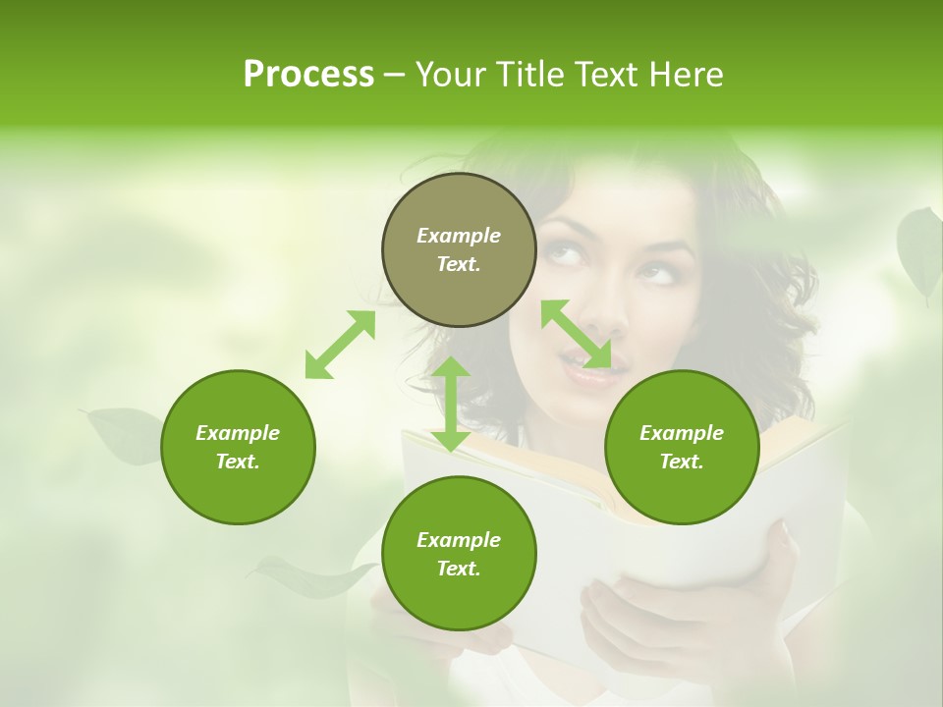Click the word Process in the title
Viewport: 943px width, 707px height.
pos(308,75)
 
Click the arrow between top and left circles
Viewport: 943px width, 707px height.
pos(340,345)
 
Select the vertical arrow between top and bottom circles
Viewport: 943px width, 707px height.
pos(451,404)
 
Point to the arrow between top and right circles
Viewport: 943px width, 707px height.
pos(576,334)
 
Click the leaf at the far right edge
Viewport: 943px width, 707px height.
pos(919,250)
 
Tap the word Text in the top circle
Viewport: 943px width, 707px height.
pos(458,264)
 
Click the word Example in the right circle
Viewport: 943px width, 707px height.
pos(681,433)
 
